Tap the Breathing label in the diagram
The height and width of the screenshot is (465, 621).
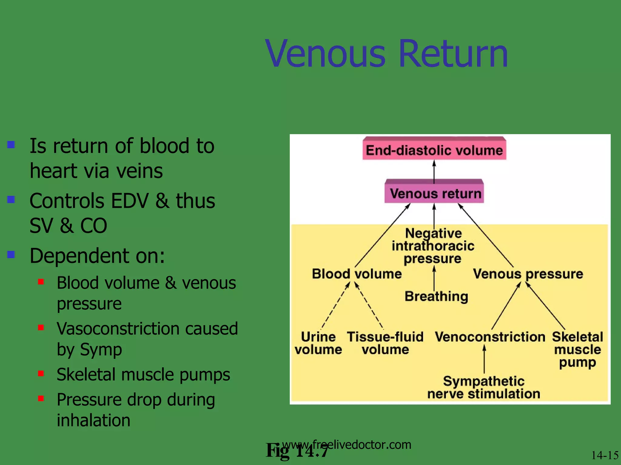point(436,296)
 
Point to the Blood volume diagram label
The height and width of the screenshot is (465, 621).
point(357,274)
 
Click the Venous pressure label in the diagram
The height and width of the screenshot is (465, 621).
point(528,274)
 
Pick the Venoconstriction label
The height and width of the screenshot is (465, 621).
point(490,337)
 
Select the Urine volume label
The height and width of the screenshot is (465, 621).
point(318,343)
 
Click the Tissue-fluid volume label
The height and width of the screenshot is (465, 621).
point(385,343)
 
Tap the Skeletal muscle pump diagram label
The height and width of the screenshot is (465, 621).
point(577,349)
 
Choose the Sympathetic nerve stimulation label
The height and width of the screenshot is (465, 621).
point(484,387)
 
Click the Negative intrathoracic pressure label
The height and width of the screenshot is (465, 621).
point(433,246)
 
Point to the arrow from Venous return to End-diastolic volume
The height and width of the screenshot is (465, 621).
point(434,171)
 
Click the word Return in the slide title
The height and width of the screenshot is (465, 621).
point(453,54)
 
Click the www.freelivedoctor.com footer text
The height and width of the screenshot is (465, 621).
point(347,444)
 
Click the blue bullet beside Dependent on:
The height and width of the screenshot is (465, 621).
point(11,254)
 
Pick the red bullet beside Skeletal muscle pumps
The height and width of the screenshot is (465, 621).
point(41,374)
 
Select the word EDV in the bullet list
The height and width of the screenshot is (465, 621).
point(130,201)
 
